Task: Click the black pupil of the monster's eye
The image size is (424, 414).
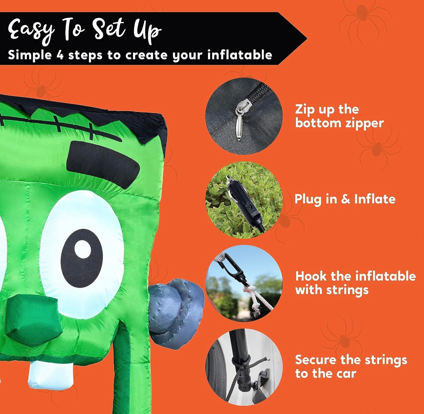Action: [82, 258]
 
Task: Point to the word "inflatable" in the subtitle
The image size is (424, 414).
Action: [240, 54]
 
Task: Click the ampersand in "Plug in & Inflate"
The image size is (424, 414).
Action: [345, 199]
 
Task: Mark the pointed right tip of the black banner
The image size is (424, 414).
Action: [307, 39]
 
